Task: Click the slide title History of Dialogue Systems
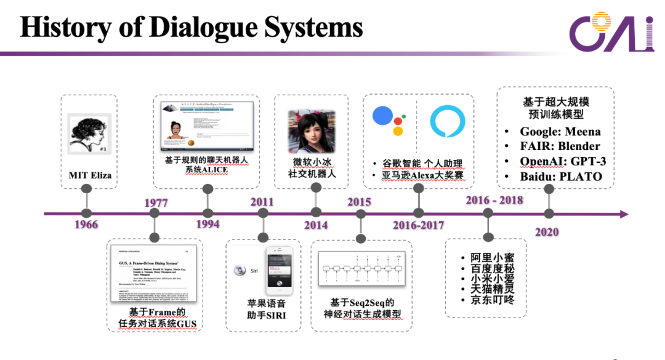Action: tap(191, 28)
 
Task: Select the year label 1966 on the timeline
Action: tap(86, 224)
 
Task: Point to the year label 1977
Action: tap(156, 202)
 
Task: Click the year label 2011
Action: tap(262, 202)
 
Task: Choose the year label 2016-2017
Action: tap(419, 225)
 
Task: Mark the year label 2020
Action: tap(547, 231)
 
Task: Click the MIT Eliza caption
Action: tap(90, 175)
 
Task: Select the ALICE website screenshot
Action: tap(207, 126)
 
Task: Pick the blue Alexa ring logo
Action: tap(447, 121)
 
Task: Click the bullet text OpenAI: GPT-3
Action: tap(563, 161)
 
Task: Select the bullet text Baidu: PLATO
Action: tap(560, 177)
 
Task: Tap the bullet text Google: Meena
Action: tap(560, 131)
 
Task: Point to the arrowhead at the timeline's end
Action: tap(623, 214)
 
